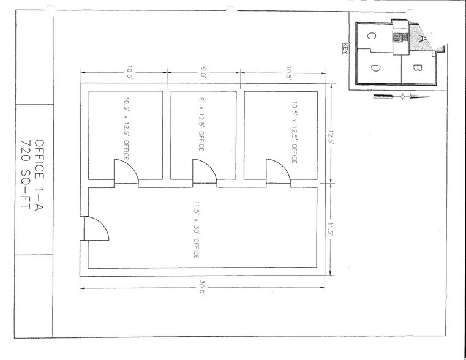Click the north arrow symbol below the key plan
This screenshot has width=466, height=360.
click(x=399, y=96)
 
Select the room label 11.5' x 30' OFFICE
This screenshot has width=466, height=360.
click(x=196, y=227)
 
